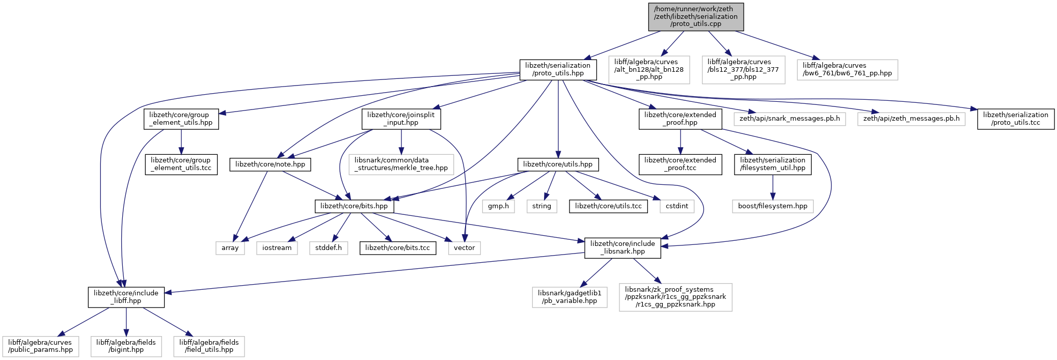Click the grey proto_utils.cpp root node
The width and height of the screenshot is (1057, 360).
tap(696, 17)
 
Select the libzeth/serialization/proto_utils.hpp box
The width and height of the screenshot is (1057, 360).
tap(558, 69)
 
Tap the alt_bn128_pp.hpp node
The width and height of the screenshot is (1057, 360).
tap(649, 70)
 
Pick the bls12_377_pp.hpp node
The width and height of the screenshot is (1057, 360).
tap(743, 70)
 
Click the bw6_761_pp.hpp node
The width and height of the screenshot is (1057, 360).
tap(848, 70)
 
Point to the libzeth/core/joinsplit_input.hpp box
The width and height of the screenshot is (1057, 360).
tap(401, 119)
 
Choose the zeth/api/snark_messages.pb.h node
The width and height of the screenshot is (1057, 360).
tap(790, 119)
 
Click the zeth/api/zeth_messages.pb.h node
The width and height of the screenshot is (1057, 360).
tap(911, 119)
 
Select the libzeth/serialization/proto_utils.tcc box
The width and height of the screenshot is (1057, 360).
tap(1016, 119)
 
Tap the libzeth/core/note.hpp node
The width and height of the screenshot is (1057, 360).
tap(270, 164)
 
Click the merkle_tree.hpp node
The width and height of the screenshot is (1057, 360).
tap(401, 164)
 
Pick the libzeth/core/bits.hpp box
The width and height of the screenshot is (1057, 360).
tap(354, 206)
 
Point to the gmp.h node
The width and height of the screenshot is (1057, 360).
tap(498, 206)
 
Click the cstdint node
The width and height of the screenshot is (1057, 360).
tap(677, 206)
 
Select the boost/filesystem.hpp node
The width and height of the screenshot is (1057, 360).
tap(773, 206)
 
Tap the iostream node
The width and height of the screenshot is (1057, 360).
tap(277, 248)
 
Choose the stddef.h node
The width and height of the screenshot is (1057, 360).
tap(329, 248)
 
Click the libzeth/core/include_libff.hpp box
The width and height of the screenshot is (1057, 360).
tap(126, 297)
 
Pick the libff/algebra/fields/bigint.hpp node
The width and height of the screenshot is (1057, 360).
tap(126, 346)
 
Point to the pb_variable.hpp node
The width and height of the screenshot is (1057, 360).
tap(570, 297)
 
